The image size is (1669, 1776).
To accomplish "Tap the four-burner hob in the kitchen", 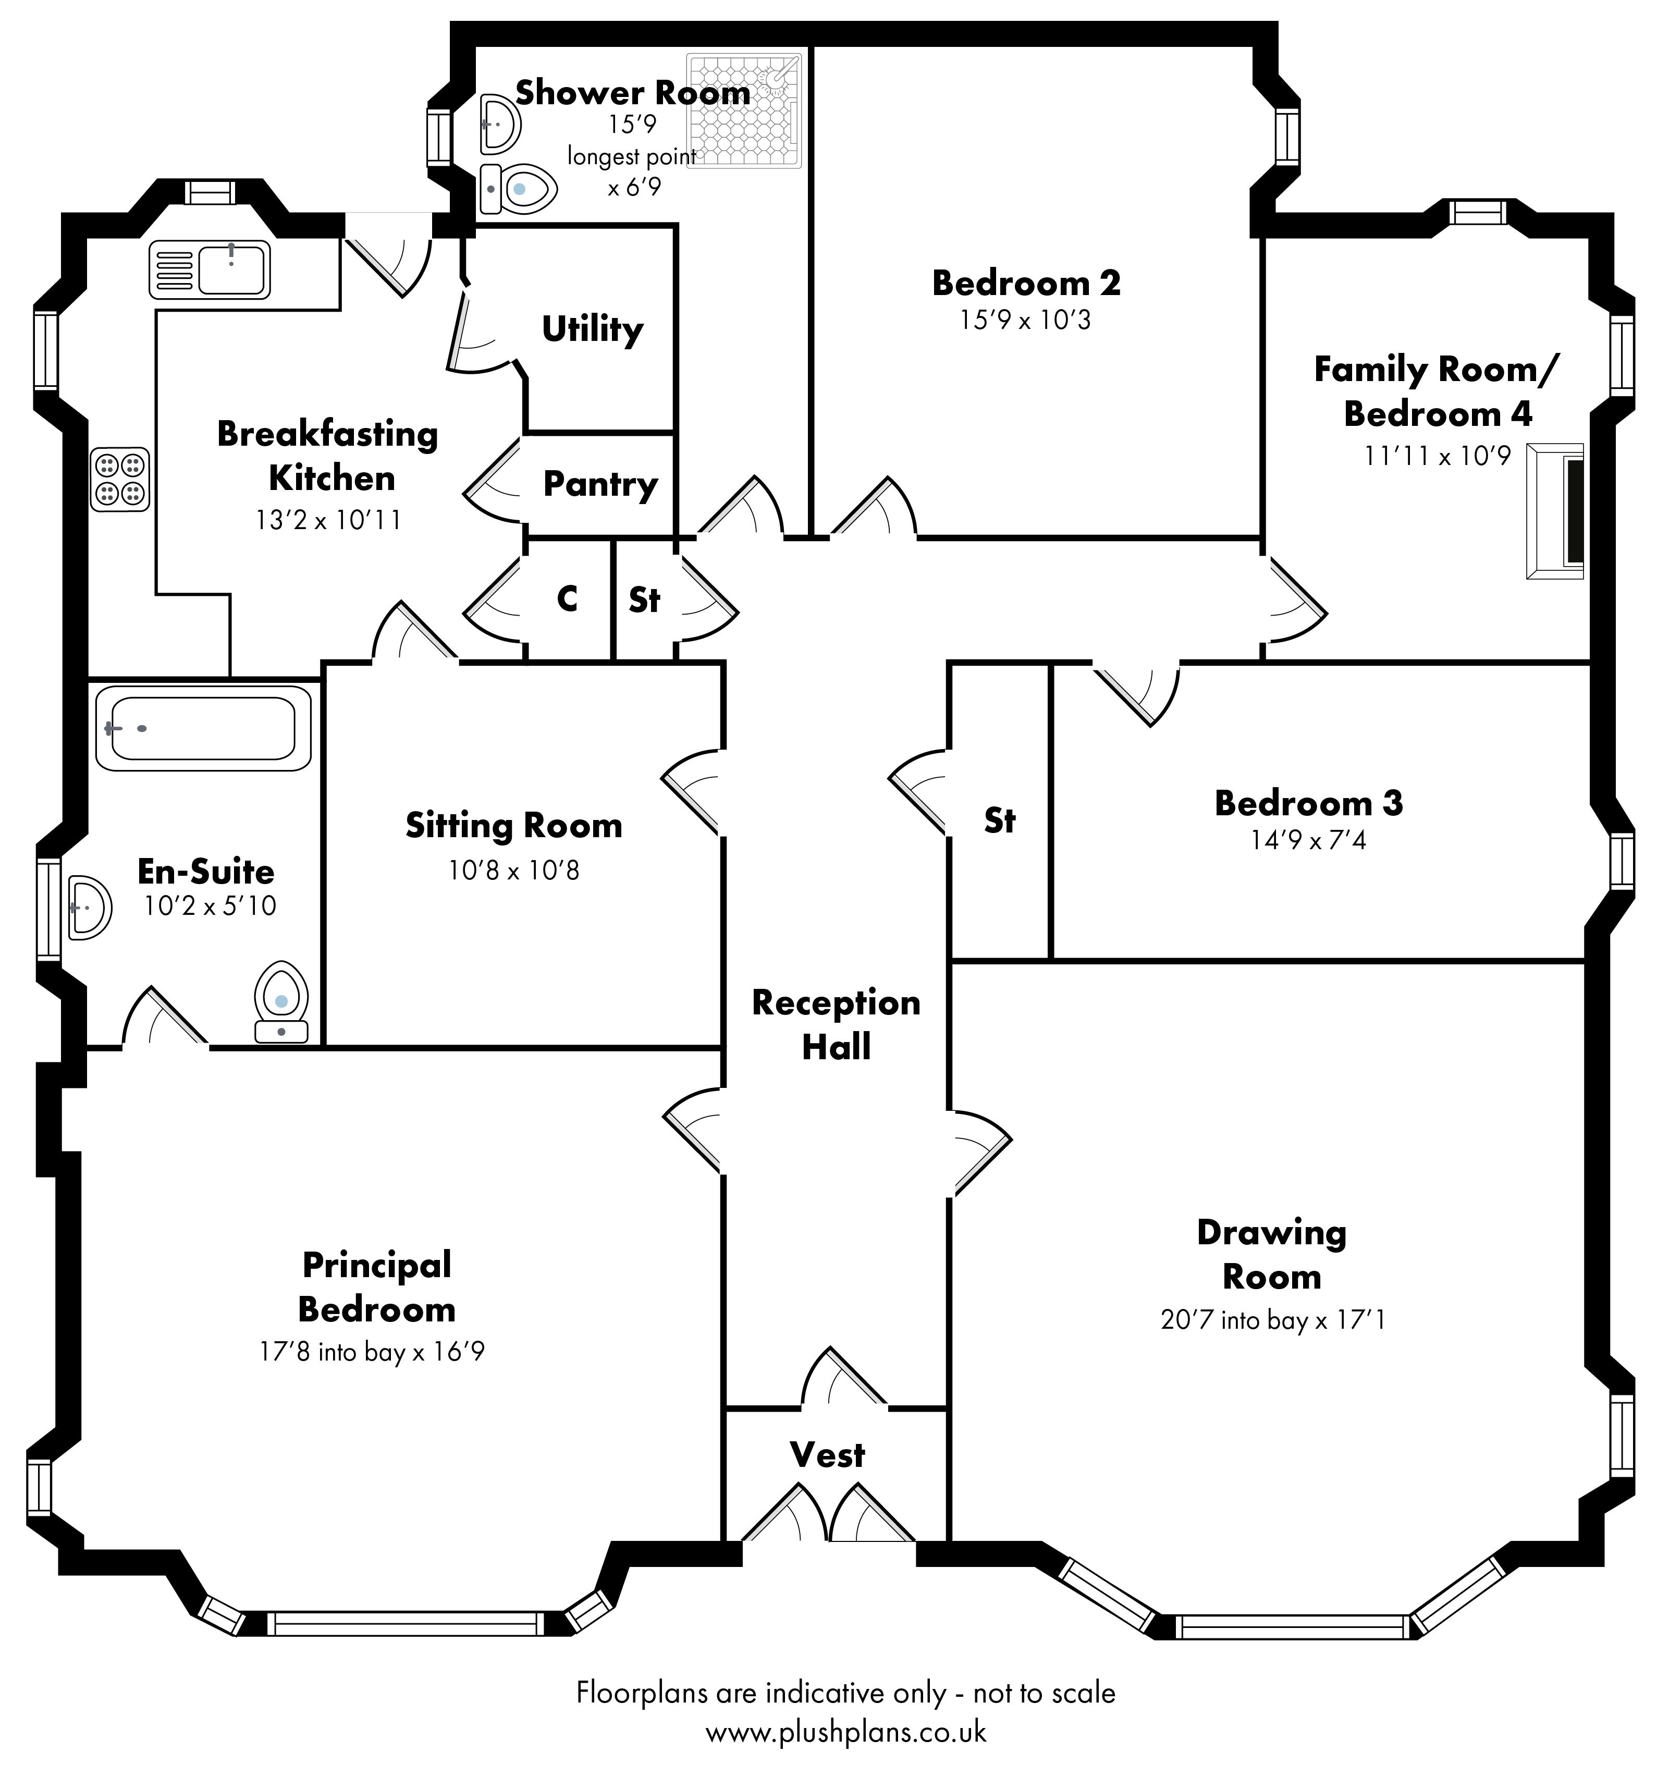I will point(120,479).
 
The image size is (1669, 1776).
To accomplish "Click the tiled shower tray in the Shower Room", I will point(743,112).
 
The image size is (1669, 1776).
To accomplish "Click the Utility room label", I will point(592,329).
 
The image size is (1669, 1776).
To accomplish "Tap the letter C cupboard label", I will point(567,598).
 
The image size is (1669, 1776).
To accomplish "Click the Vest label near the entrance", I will point(827,1455).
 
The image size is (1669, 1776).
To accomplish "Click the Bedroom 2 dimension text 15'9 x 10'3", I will point(1026,320).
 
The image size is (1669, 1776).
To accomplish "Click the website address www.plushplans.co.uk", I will point(845,1732).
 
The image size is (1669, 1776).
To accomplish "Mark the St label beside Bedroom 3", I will point(1000,819).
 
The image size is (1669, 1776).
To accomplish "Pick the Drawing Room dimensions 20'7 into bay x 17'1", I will point(1272,1319).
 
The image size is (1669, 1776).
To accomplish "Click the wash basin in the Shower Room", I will point(498,124).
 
